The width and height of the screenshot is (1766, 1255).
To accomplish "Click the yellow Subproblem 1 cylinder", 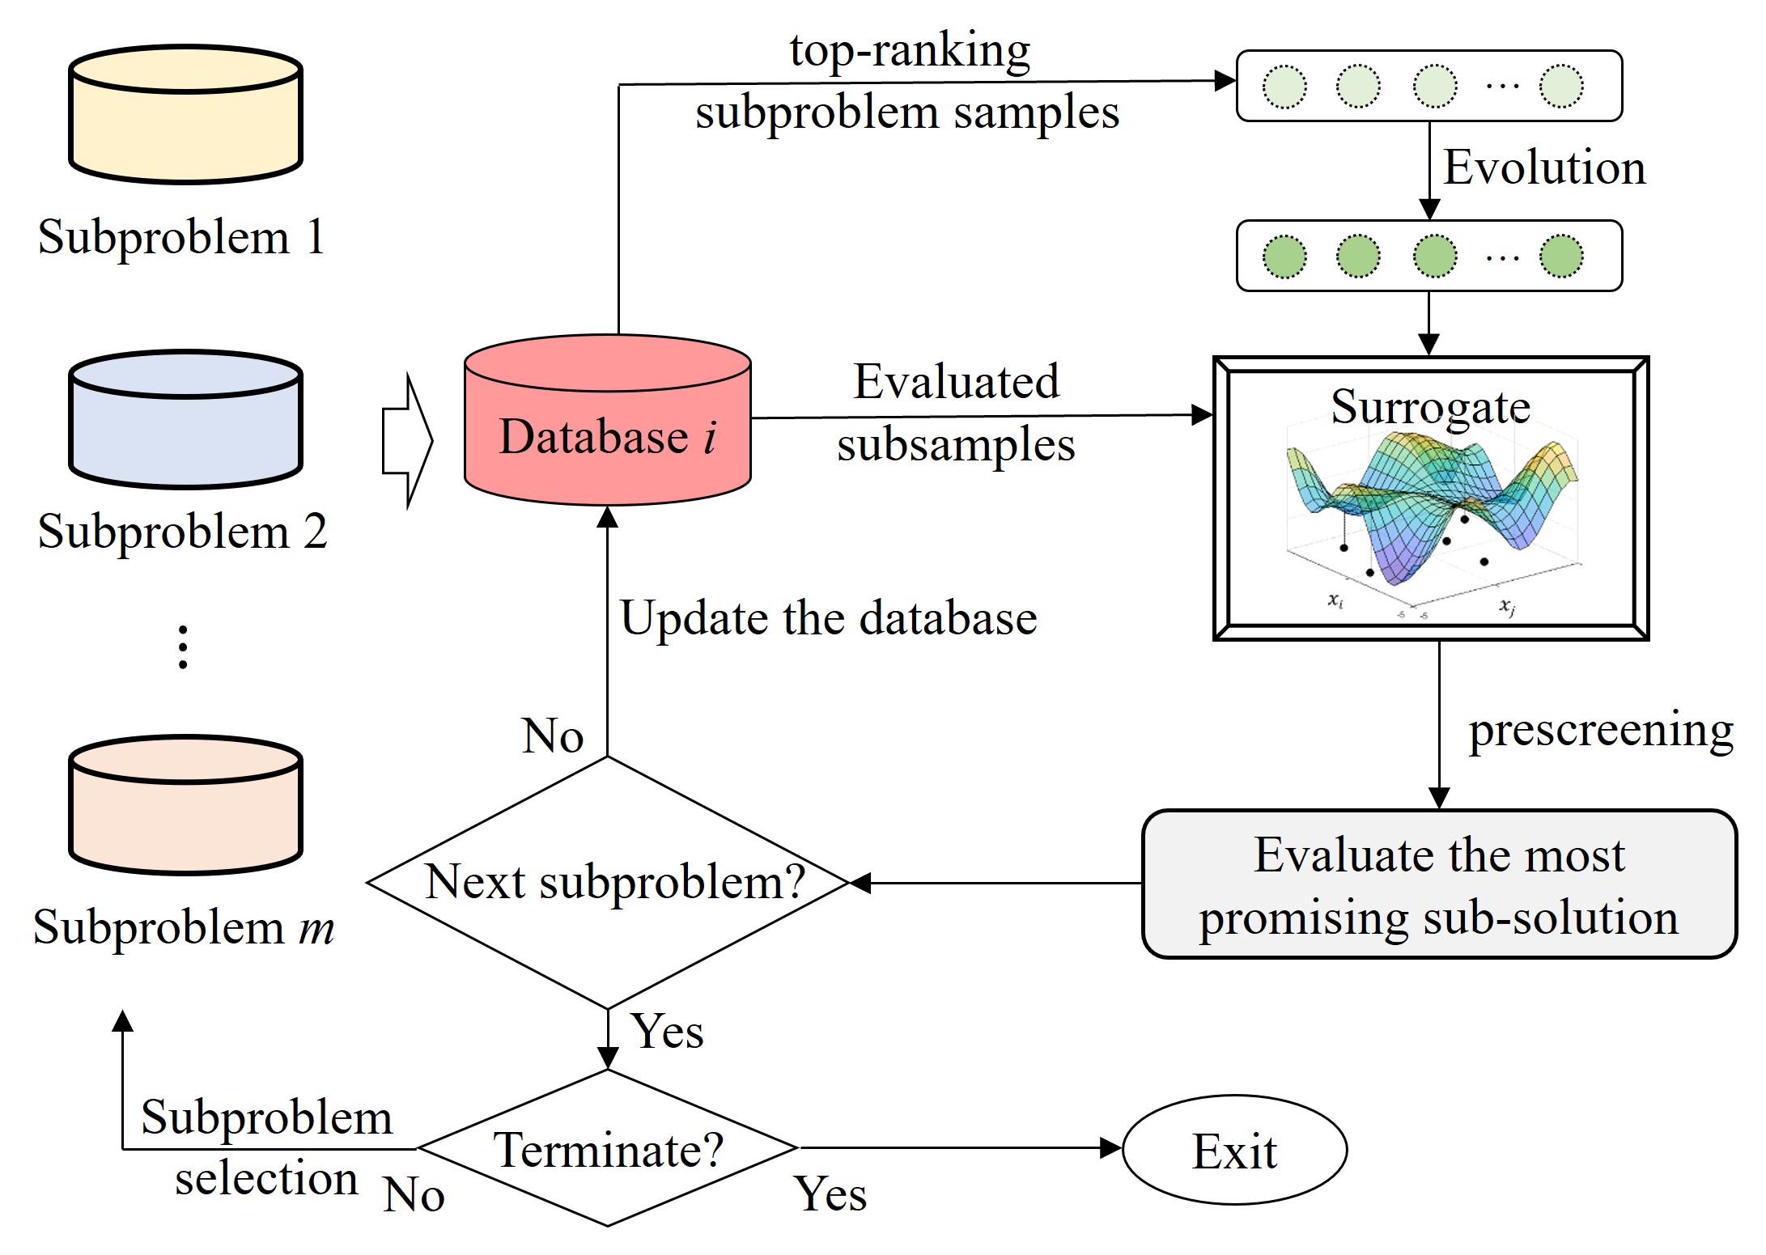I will [185, 115].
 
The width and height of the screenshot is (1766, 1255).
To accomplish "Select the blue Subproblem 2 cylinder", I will [185, 420].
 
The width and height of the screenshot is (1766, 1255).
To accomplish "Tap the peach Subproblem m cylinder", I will [185, 806].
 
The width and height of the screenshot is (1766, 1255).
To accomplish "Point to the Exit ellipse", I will [1234, 1150].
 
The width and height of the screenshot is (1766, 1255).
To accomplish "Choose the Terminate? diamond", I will [608, 1148].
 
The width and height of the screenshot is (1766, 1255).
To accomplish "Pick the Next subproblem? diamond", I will [608, 882].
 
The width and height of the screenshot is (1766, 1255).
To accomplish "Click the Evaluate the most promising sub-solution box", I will [1439, 884].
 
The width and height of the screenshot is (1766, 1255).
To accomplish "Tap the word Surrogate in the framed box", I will [1430, 406].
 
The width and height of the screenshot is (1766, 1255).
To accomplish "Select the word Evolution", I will [1544, 167].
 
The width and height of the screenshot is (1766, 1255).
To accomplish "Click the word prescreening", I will [1601, 730].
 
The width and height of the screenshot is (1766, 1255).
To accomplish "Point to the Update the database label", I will [829, 618].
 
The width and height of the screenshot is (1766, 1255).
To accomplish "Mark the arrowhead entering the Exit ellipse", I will [1111, 1148].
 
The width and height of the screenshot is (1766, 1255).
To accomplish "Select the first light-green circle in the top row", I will [1284, 87].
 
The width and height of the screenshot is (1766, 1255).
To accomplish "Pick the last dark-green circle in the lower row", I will [1561, 257].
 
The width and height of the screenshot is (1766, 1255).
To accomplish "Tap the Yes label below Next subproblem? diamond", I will [668, 1031].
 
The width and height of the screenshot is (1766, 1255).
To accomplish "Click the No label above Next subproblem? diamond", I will [553, 736].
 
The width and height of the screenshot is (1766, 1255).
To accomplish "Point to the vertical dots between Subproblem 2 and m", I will [184, 647].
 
